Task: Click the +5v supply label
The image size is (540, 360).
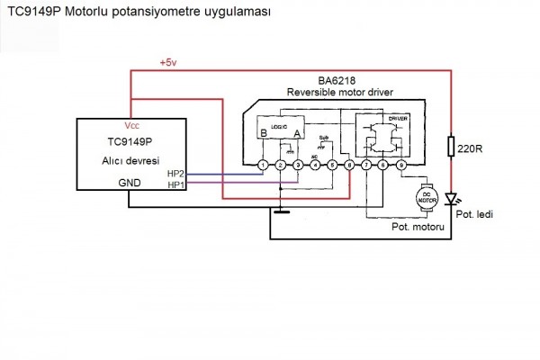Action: point(168,63)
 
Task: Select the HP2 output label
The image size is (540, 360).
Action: point(176,173)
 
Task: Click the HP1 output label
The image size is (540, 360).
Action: point(176,184)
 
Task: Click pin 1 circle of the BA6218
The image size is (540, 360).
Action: point(262,166)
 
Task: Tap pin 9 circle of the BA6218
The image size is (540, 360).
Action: point(401,166)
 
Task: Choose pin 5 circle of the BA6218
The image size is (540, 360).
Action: point(332,166)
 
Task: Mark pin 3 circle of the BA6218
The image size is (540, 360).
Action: point(297,166)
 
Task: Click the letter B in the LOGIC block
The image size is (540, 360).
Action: point(263,134)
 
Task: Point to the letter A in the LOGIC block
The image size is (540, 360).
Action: point(299,134)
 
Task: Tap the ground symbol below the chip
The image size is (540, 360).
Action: point(280,212)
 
